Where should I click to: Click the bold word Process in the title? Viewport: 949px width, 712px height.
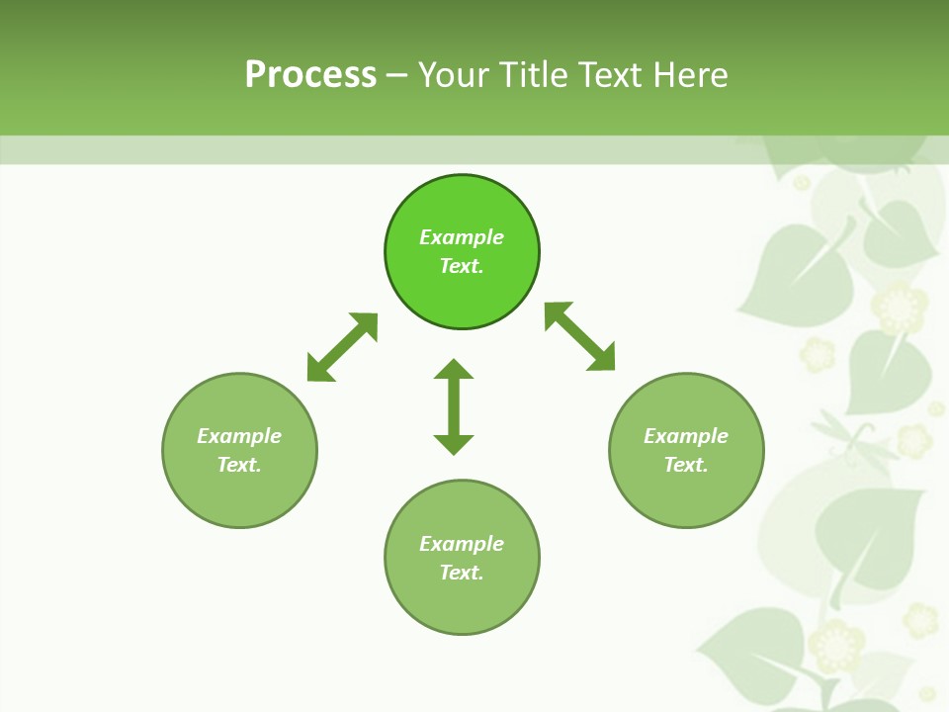[310, 75]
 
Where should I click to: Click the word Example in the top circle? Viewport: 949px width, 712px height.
[462, 237]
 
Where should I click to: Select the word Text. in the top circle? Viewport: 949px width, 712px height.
[462, 266]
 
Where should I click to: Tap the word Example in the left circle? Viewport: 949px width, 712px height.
[239, 436]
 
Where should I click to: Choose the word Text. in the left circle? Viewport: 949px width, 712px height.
[239, 465]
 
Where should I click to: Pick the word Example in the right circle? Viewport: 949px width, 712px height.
[686, 436]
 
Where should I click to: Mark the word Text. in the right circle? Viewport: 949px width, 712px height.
[686, 465]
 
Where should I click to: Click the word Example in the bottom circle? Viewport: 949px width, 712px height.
[462, 544]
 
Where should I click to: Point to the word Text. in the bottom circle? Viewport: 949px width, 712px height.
[462, 573]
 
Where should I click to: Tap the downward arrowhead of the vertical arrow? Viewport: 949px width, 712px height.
[454, 444]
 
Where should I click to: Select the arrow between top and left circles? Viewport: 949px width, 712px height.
[342, 347]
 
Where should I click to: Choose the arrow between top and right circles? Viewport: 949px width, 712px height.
[580, 336]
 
